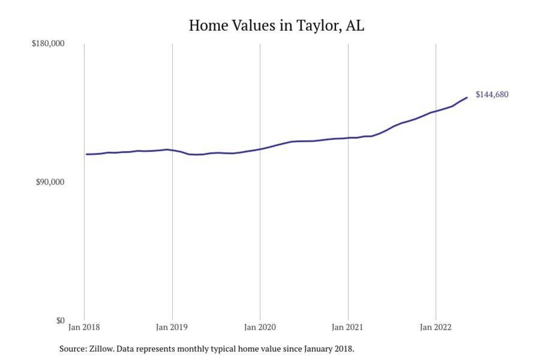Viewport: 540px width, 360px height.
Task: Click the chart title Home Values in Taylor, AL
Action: pos(276,26)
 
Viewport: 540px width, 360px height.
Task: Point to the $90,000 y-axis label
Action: pos(50,182)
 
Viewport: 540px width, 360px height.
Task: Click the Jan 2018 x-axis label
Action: pos(85,328)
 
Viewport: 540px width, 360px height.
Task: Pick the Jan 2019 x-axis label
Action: pos(172,328)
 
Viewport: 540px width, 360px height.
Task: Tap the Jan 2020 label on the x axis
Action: pos(260,328)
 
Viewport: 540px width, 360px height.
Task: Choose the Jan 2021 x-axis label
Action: pos(348,328)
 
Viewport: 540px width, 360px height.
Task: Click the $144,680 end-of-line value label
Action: pos(492,94)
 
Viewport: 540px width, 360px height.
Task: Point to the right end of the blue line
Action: pos(467,97)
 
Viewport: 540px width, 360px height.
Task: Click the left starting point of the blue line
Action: pos(86,154)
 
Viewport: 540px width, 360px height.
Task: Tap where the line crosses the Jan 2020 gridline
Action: pos(260,148)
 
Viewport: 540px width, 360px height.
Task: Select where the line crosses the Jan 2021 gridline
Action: pos(348,138)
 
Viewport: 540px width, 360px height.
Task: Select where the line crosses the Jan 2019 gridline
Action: pos(172,150)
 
